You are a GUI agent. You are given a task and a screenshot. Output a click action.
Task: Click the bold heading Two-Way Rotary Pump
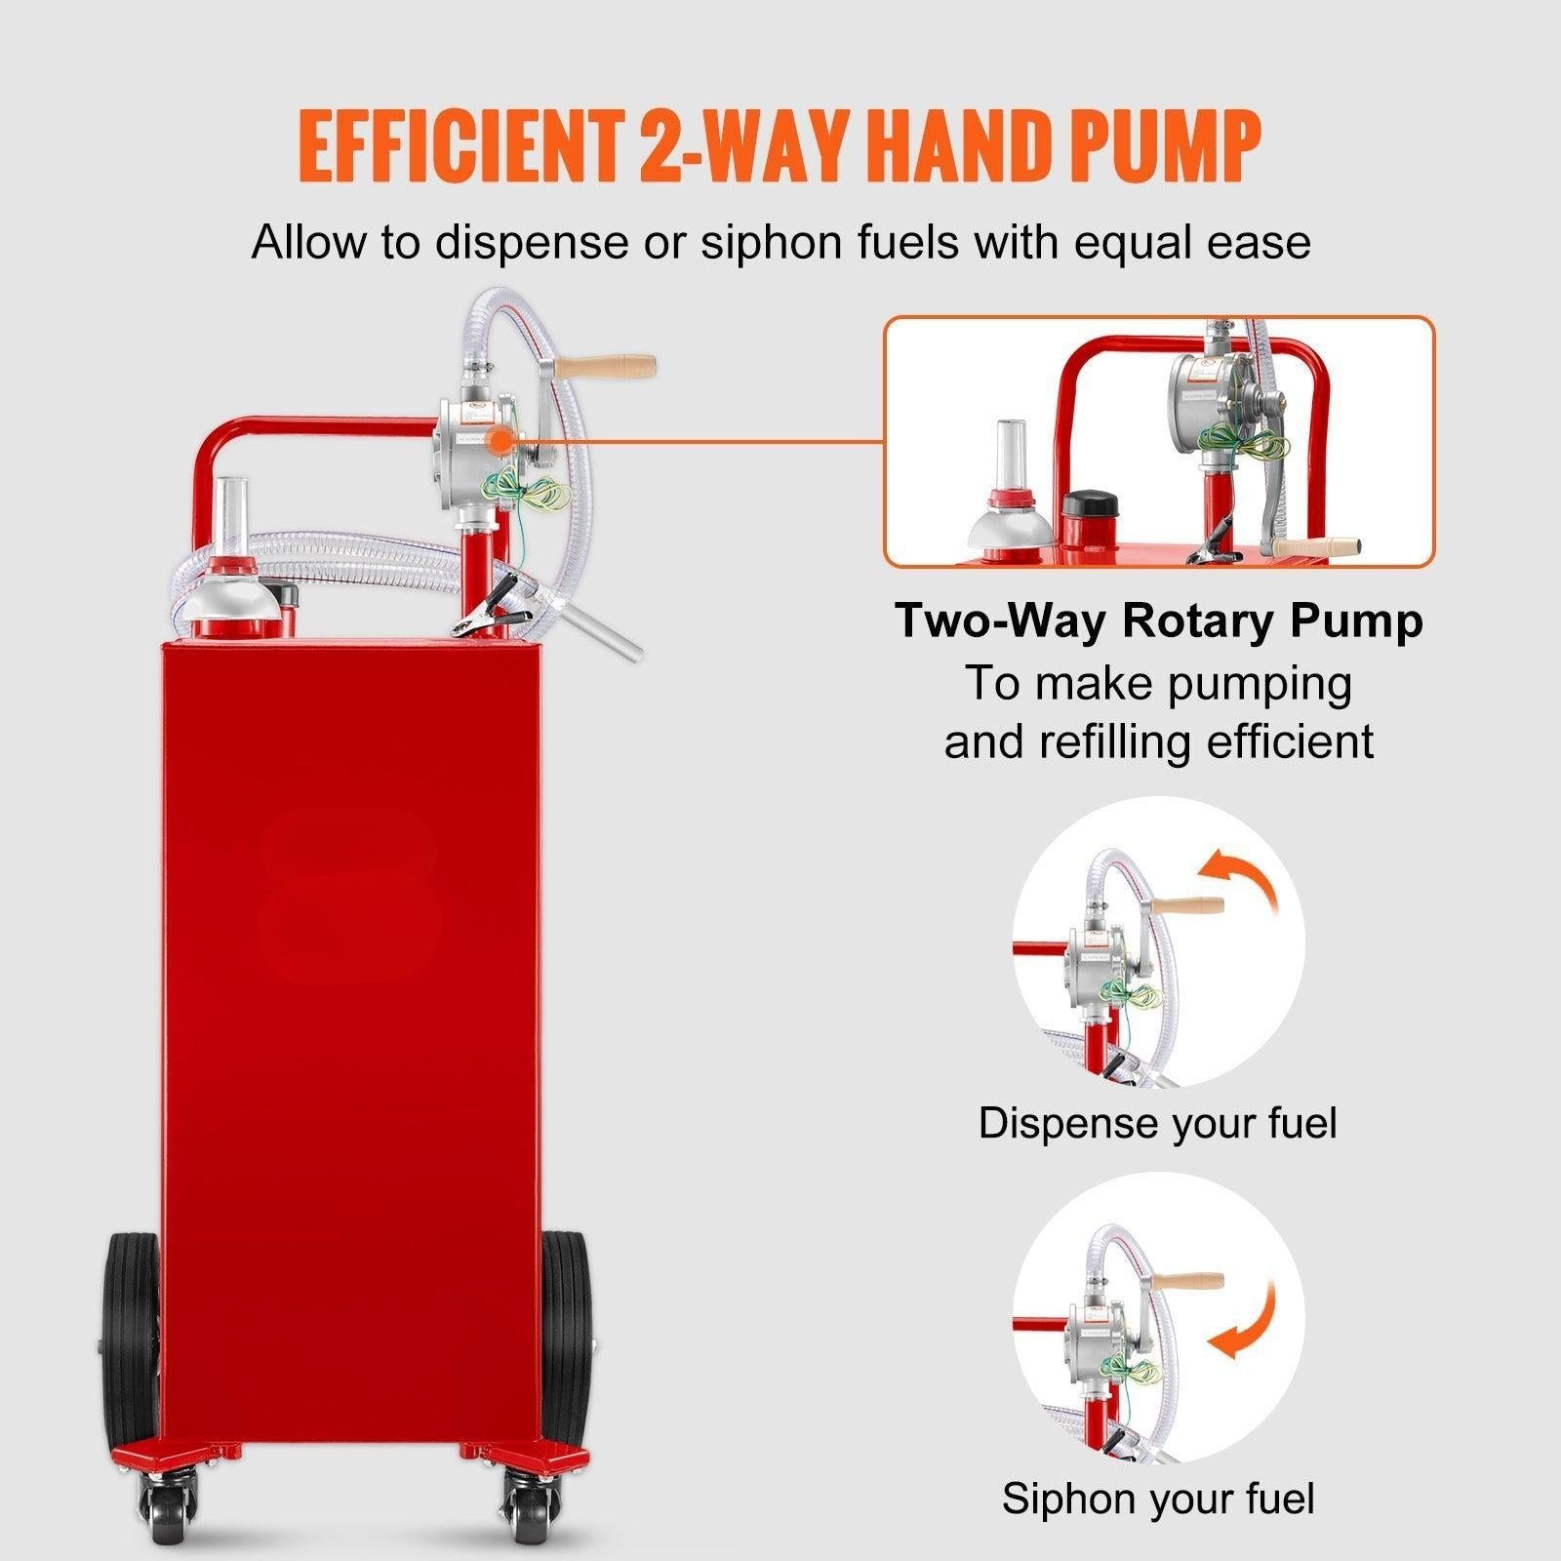(1159, 620)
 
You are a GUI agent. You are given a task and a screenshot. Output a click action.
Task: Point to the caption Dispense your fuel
(1157, 1123)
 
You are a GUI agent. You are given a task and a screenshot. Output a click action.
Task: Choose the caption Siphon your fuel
(1158, 1498)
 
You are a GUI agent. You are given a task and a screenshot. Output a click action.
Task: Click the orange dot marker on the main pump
(502, 441)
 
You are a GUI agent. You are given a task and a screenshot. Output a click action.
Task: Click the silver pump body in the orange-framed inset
(1202, 390)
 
